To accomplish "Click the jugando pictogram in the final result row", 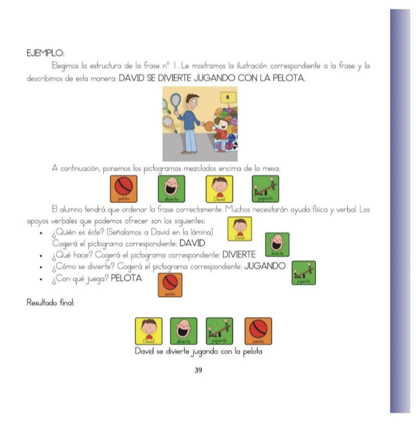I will (220, 331).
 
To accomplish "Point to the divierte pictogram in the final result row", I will (184, 331).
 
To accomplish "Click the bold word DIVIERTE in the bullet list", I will (239, 254).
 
